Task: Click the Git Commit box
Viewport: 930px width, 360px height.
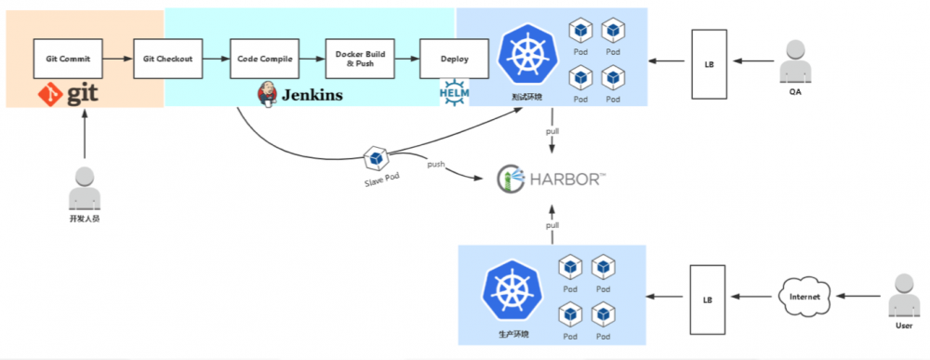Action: pyautogui.click(x=68, y=59)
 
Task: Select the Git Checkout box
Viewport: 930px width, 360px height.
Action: pyautogui.click(x=167, y=59)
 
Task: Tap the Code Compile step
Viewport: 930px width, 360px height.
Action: pyautogui.click(x=264, y=59)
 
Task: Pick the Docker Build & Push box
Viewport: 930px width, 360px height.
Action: pyautogui.click(x=359, y=59)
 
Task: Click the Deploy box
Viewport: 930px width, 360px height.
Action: pyautogui.click(x=454, y=59)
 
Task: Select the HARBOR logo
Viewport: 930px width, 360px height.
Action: pyautogui.click(x=549, y=178)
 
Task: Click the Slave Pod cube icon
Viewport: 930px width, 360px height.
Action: pyautogui.click(x=375, y=158)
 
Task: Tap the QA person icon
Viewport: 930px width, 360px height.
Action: pyautogui.click(x=795, y=60)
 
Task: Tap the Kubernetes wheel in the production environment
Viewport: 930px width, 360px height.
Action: pyautogui.click(x=511, y=289)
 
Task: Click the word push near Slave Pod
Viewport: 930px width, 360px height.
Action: pyautogui.click(x=436, y=165)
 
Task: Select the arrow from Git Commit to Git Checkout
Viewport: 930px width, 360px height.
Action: pyautogui.click(x=117, y=59)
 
